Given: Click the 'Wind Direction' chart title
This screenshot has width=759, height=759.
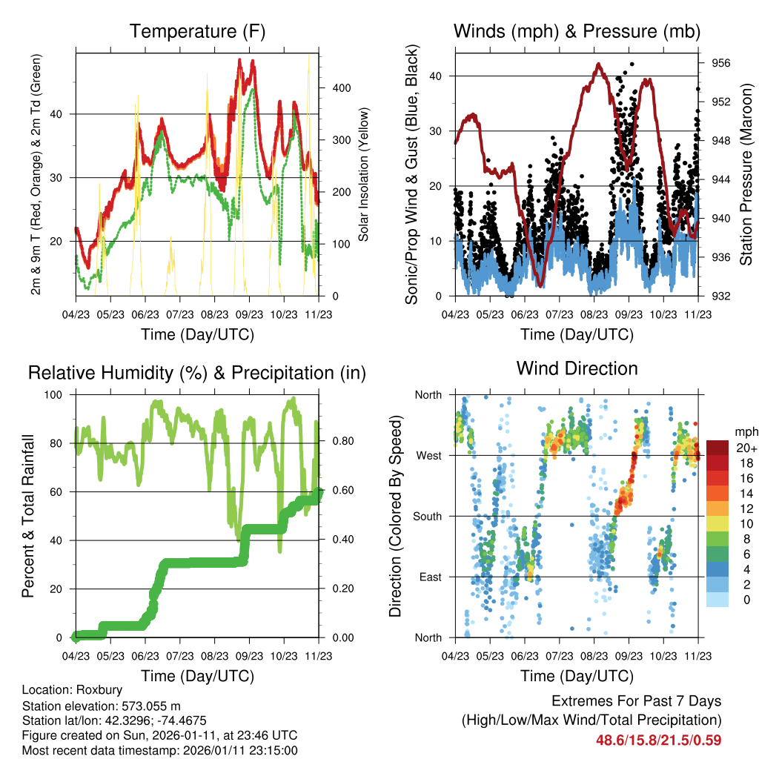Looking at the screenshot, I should point(577,368).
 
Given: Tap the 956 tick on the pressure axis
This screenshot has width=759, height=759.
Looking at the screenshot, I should point(721,64).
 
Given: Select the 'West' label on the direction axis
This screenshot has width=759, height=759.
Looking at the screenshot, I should point(428,455).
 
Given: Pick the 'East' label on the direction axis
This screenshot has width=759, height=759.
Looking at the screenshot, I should point(429,577).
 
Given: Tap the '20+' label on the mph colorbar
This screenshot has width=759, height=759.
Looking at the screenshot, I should point(745,448).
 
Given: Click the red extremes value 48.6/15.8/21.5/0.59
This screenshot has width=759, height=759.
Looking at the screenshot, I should point(658,740).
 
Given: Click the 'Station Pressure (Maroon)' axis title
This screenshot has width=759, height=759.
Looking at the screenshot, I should point(746,174).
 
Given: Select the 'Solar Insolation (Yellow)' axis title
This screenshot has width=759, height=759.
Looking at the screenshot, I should point(364,174).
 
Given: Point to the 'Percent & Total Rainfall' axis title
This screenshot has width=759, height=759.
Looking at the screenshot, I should point(27,516).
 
